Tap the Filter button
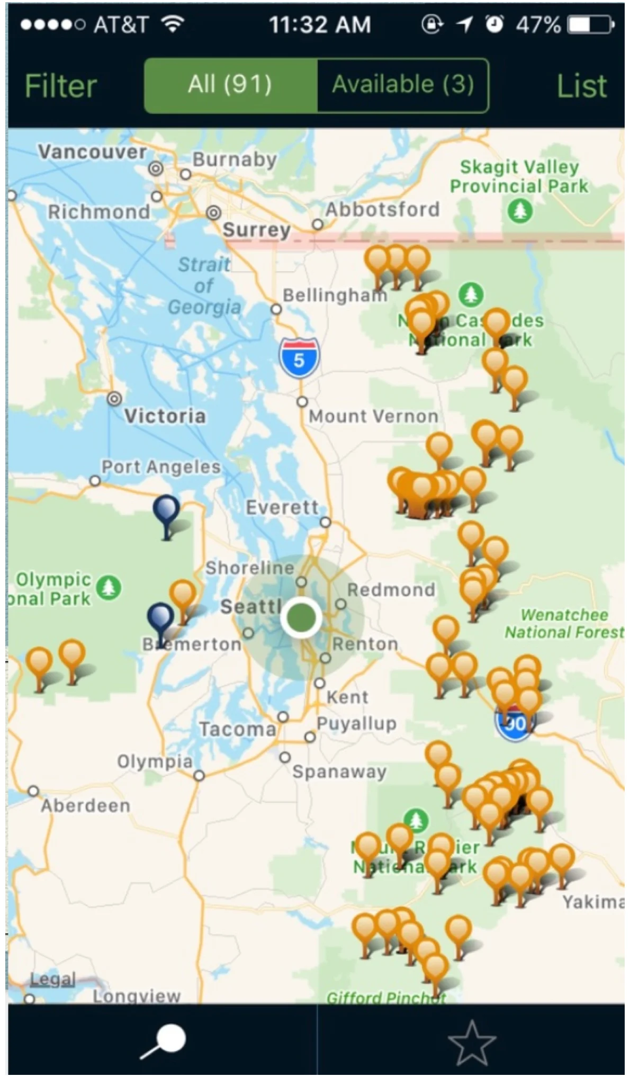60,86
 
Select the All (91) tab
230,85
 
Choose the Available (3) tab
403,85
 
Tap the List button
581,86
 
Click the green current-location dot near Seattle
301,617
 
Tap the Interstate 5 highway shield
299,358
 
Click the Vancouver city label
92,152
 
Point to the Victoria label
165,416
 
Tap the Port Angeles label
161,467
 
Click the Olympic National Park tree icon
109,587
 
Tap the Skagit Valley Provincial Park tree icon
520,211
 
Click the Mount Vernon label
373,416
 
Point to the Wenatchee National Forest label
564,623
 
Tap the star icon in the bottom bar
471,1042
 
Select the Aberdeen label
86,806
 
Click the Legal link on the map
52,980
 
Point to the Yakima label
593,902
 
